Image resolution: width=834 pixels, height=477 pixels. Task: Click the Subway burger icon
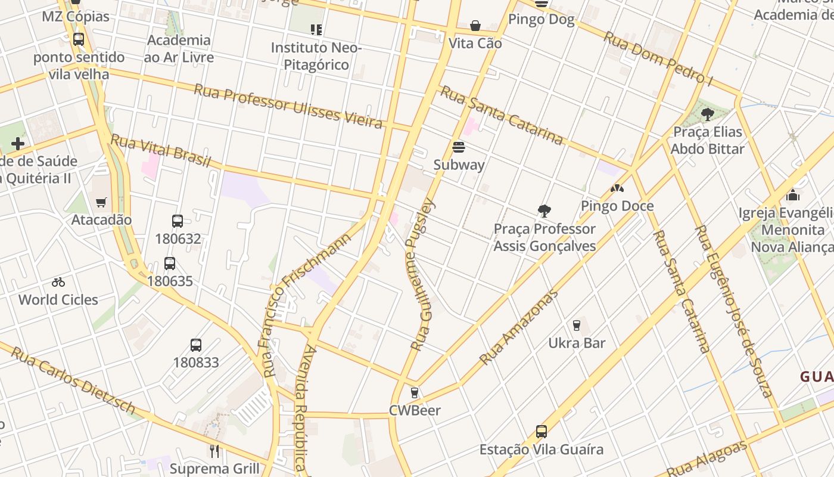pos(459,147)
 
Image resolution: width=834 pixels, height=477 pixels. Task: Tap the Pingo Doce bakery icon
pos(617,188)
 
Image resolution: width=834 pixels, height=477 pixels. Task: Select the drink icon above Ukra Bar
pos(576,325)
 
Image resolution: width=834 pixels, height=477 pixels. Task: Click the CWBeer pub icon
pos(415,393)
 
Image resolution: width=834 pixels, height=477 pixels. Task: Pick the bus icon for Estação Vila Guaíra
pos(541,431)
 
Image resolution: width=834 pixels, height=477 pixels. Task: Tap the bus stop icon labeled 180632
pos(178,221)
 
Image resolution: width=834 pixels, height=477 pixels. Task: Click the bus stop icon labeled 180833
pos(196,345)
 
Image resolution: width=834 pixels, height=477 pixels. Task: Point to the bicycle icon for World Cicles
pos(58,282)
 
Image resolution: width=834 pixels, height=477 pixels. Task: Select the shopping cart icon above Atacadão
pos(101,203)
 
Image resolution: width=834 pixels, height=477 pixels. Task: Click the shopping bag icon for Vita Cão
pos(475,26)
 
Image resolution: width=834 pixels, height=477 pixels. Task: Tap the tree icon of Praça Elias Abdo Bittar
pos(707,114)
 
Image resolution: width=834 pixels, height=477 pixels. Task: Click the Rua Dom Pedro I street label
pos(658,58)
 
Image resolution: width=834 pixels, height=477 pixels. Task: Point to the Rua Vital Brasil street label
pos(161,151)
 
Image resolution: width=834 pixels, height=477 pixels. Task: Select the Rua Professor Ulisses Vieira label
pos(288,106)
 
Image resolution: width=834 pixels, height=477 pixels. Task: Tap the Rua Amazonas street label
pos(519,327)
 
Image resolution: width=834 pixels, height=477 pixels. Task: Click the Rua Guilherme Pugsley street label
pos(424,274)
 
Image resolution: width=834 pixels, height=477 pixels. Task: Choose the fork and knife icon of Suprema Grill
pos(214,451)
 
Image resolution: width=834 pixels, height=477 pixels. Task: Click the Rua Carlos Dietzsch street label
pos(73,380)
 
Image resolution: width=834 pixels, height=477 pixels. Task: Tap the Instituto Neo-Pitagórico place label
pos(316,55)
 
